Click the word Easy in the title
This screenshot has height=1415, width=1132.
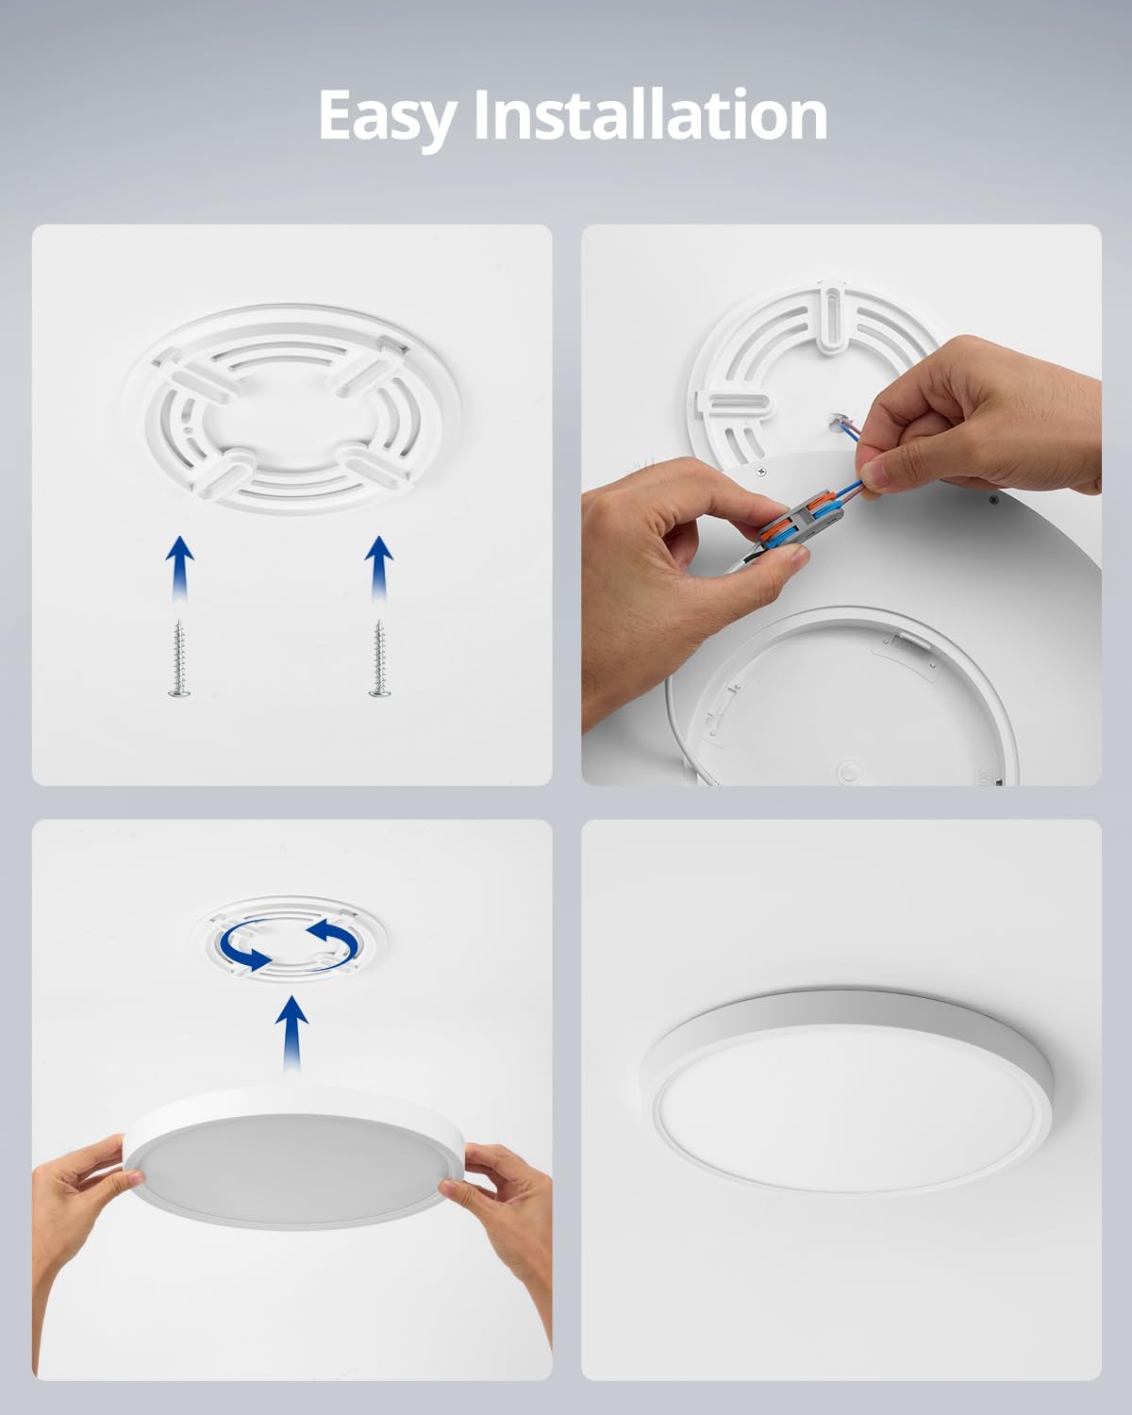pos(388,118)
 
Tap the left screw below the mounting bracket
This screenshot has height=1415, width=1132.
pos(178,658)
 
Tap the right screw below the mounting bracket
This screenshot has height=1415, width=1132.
pos(377,658)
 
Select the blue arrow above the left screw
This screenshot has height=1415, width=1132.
pos(179,569)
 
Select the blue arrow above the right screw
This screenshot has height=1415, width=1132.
pos(379,569)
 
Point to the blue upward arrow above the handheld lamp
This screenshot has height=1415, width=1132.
pos(291,1033)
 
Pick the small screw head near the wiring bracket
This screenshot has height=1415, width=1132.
pos(761,471)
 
